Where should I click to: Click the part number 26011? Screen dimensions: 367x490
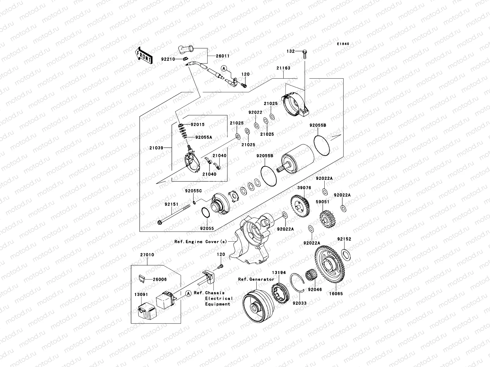click(x=223, y=56)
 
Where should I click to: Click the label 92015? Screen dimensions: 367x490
click(x=197, y=125)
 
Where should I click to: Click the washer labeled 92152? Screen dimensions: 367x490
click(x=345, y=254)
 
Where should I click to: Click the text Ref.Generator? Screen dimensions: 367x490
click(x=256, y=279)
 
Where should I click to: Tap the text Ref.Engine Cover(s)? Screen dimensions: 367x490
click(x=201, y=242)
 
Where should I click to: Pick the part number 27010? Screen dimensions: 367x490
click(x=147, y=255)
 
